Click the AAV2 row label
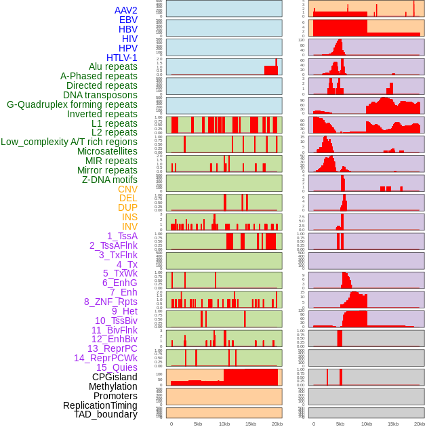(125, 11)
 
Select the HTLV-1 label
(121, 58)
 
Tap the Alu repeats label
(113, 67)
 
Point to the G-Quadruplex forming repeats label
(72, 105)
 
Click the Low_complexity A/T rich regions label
(69, 142)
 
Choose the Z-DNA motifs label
(109, 180)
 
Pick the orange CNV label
(127, 189)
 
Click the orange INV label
(129, 226)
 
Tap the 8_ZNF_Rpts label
(110, 302)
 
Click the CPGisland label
(115, 377)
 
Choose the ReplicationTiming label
(100, 405)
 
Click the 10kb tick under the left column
(224, 424)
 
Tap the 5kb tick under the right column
(340, 424)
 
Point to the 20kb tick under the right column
(420, 424)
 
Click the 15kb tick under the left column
(251, 424)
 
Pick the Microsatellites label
(107, 152)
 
